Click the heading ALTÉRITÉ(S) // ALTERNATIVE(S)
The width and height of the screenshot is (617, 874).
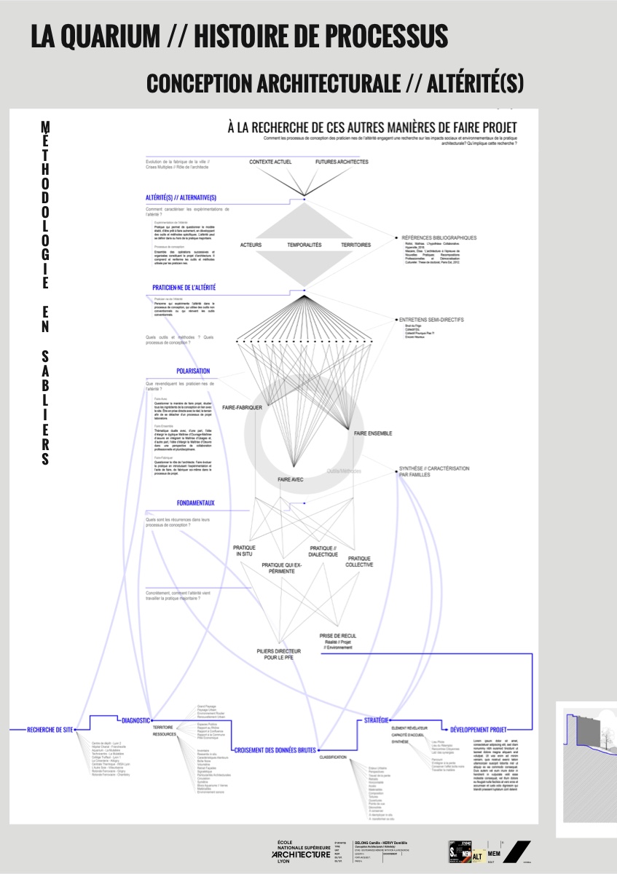[181, 197]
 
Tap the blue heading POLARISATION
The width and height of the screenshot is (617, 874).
[193, 371]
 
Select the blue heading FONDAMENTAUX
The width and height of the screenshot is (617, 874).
[196, 503]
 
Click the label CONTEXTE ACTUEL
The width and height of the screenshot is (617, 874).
[270, 162]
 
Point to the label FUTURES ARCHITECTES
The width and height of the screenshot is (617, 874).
[342, 162]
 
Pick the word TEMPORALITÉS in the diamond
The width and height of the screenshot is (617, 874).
[304, 245]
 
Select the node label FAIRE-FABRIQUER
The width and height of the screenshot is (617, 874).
[242, 407]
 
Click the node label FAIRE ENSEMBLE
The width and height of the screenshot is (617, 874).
[373, 433]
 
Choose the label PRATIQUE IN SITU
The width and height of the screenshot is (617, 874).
[244, 551]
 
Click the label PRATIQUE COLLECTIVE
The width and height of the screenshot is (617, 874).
[359, 562]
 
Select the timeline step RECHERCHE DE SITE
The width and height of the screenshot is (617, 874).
[50, 729]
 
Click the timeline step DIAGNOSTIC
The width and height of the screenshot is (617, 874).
[136, 720]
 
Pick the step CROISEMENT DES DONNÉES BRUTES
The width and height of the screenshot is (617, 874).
[275, 750]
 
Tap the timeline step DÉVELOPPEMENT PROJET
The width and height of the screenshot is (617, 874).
[479, 729]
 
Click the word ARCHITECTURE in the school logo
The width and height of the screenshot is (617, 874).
[301, 854]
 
